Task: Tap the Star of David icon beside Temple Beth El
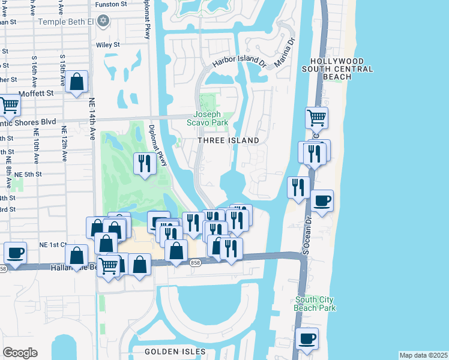pyautogui.click(x=103, y=21)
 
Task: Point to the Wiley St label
pyautogui.click(x=108, y=44)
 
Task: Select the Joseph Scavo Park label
pyautogui.click(x=207, y=118)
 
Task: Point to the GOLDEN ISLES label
pyautogui.click(x=175, y=351)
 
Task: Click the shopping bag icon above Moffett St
pyautogui.click(x=77, y=82)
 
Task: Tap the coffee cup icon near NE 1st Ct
pyautogui.click(x=16, y=253)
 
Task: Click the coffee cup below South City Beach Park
pyautogui.click(x=307, y=339)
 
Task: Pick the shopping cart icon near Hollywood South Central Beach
pyautogui.click(x=316, y=118)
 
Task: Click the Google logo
pyautogui.click(x=20, y=353)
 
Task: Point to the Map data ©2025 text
pyautogui.click(x=423, y=355)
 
